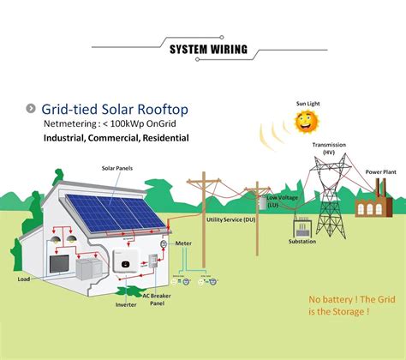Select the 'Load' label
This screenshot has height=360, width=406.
click(x=24, y=279)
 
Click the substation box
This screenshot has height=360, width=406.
click(x=302, y=228)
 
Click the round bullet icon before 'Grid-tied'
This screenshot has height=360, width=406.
click(x=31, y=109)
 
